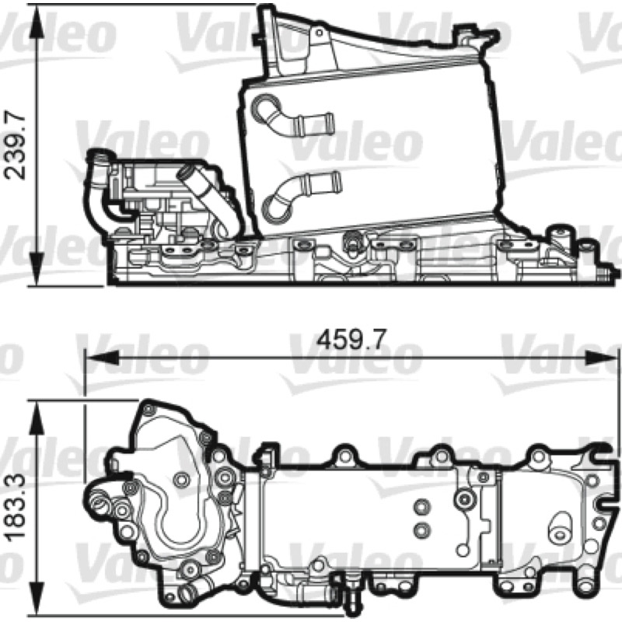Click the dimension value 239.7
(15, 146)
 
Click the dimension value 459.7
(351, 340)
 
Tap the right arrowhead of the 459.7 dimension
(601, 358)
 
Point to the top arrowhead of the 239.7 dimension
(37, 21)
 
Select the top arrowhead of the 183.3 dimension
(37, 417)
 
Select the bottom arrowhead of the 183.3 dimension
(37, 599)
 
